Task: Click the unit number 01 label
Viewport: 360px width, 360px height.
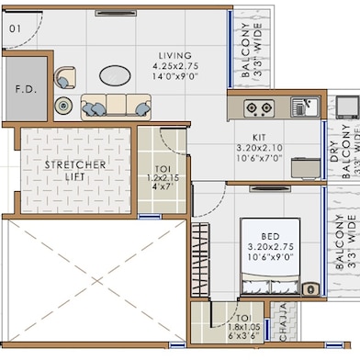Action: click(15, 28)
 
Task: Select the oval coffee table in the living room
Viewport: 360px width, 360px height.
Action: click(116, 74)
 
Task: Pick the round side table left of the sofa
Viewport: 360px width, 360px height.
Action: click(62, 106)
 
